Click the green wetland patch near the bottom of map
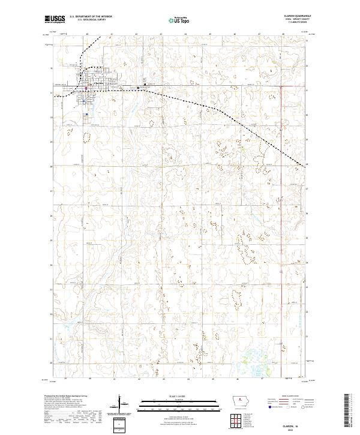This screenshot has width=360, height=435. click(250, 361)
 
